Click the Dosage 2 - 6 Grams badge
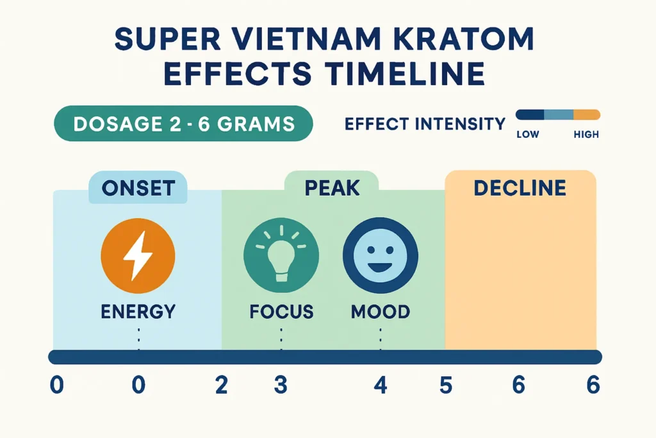click(184, 123)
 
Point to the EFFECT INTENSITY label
click(425, 123)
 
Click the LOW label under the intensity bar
click(527, 135)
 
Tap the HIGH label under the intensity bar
click(586, 135)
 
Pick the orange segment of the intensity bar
click(586, 115)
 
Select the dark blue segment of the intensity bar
click(530, 115)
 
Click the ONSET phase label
click(138, 187)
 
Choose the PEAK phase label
click(332, 188)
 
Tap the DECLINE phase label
click(520, 188)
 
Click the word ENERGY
click(138, 312)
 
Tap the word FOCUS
click(281, 312)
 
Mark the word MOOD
click(381, 312)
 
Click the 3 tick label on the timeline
click(281, 385)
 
